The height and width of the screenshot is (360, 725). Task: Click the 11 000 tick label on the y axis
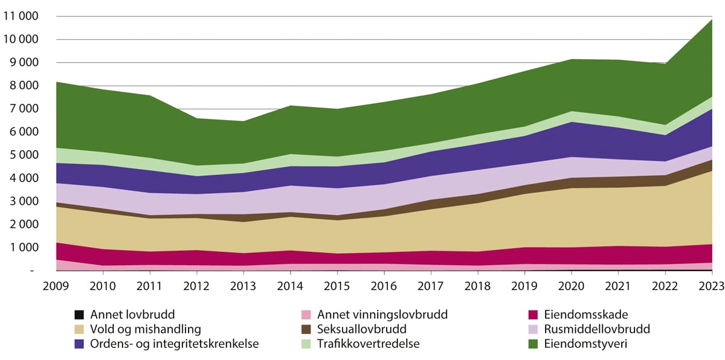tap(21, 16)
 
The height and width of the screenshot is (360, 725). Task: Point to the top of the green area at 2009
tap(56, 82)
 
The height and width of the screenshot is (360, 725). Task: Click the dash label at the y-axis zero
tap(31, 271)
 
